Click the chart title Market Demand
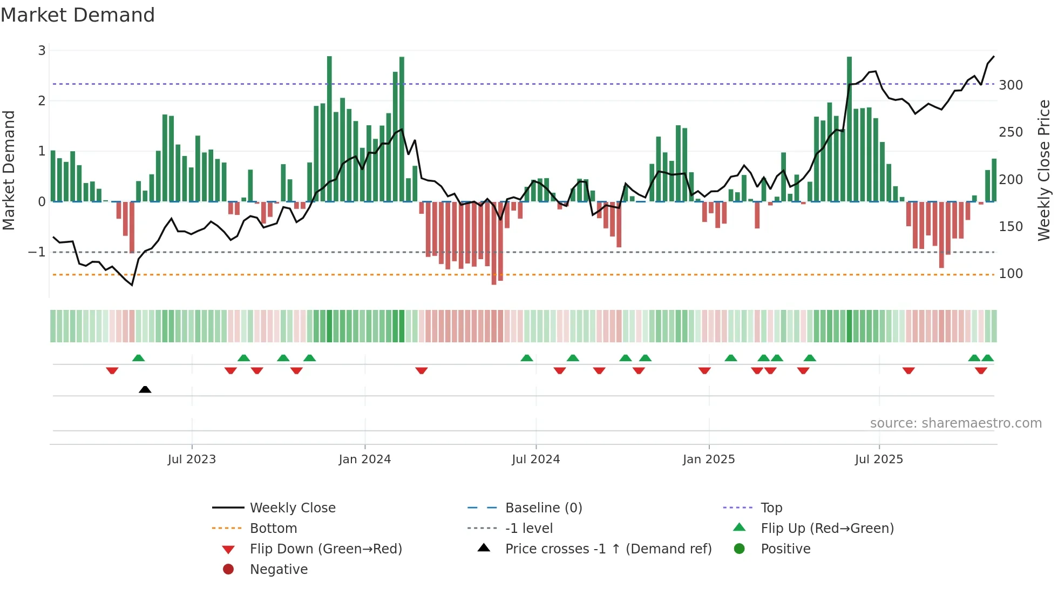click(78, 15)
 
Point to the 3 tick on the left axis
click(42, 51)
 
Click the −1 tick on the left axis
click(37, 252)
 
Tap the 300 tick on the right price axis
click(1010, 85)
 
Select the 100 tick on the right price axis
click(1010, 274)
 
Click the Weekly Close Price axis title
click(1044, 170)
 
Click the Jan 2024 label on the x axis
click(364, 459)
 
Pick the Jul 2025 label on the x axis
click(879, 459)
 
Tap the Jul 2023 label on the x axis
click(192, 459)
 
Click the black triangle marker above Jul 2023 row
click(145, 389)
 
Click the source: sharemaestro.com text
click(955, 423)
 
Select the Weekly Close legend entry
click(292, 508)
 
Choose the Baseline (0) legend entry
click(543, 508)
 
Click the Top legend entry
click(771, 508)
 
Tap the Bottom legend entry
click(273, 529)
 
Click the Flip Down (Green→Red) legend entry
click(325, 549)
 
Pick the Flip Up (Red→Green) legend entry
click(827, 529)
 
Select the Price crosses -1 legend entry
click(608, 549)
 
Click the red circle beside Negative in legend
click(228, 570)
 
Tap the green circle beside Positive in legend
click(740, 549)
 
